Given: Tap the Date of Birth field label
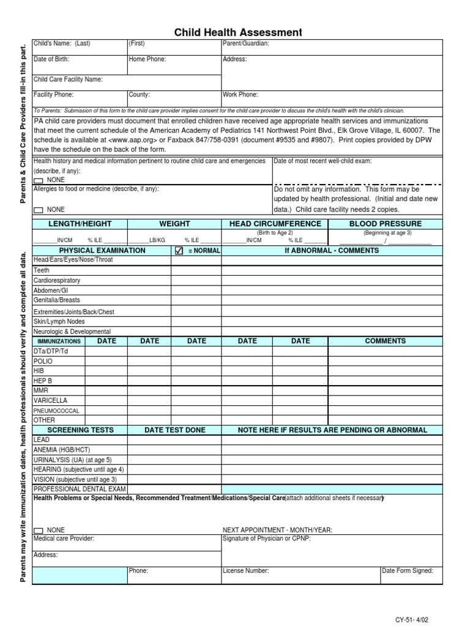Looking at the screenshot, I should [51, 60].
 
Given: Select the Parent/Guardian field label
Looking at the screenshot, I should [245, 44].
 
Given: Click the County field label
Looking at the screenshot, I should [139, 95].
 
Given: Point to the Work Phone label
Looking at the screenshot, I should [241, 95].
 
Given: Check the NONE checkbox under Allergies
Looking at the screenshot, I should [38, 210].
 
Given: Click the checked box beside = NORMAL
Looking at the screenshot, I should [179, 251].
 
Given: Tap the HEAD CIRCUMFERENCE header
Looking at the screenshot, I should [275, 224].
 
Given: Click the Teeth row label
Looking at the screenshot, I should [42, 270].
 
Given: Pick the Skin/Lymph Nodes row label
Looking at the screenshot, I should [59, 322].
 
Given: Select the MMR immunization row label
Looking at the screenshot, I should [41, 390].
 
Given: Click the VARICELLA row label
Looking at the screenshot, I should [50, 400].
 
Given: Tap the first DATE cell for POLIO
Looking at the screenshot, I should [106, 361].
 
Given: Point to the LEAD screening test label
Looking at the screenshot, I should [42, 440].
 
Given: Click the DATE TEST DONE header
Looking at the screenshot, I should [174, 430].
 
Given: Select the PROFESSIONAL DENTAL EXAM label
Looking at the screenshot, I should [80, 490].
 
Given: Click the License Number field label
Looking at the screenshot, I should [245, 571].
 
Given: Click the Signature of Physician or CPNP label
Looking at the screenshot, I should [267, 539].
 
